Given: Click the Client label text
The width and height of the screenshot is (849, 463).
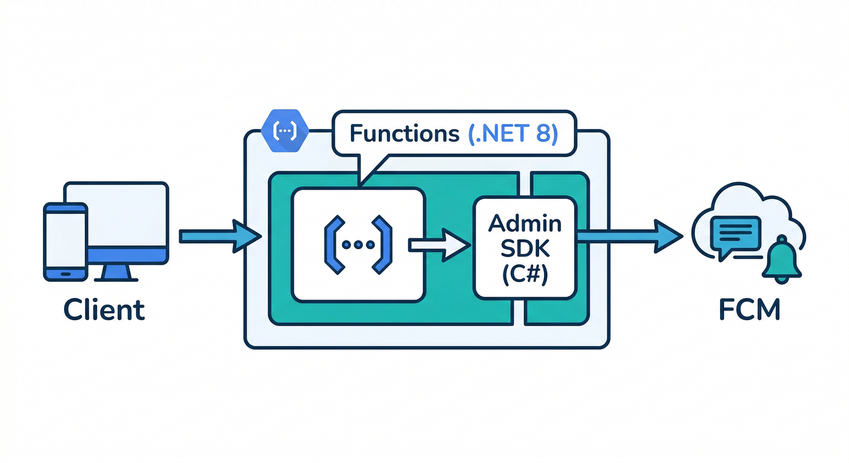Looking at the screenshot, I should [x=104, y=309].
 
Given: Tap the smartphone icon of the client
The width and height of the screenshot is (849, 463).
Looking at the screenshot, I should [x=65, y=241].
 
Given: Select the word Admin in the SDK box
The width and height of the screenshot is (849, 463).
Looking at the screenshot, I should [x=525, y=224].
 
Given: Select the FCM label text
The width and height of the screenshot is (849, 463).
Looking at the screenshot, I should [x=750, y=309].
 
